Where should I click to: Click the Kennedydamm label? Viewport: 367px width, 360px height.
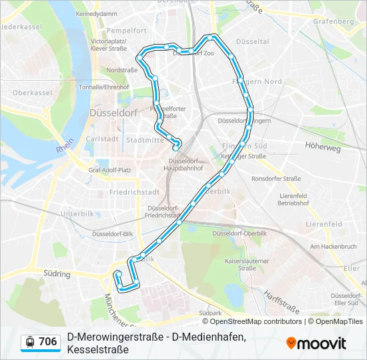pyautogui.click(x=97, y=13)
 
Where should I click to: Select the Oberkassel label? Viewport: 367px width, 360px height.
pyautogui.click(x=27, y=93)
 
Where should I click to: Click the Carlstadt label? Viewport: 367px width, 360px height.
pyautogui.click(x=102, y=139)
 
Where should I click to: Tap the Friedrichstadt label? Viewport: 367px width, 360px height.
pyautogui.click(x=133, y=192)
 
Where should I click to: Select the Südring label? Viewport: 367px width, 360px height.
pyautogui.click(x=57, y=273)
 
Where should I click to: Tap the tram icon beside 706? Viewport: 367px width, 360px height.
pyautogui.click(x=29, y=343)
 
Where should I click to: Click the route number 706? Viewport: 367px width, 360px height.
pyautogui.click(x=48, y=342)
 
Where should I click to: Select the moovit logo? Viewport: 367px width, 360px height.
pyautogui.click(x=316, y=343)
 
